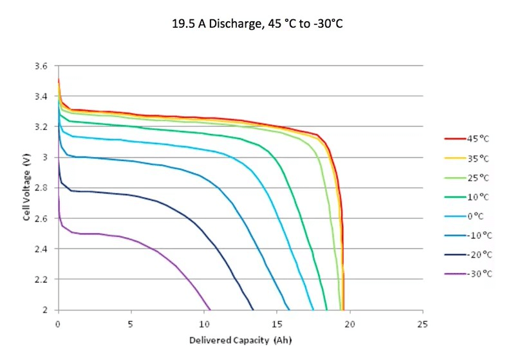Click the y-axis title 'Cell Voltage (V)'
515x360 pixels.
(27, 188)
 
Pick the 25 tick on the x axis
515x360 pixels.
(422, 322)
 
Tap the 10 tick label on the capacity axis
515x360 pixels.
(203, 322)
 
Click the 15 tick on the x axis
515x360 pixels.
(276, 322)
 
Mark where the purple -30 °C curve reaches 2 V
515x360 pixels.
(211, 309)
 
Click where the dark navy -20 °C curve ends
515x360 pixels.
(253, 309)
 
